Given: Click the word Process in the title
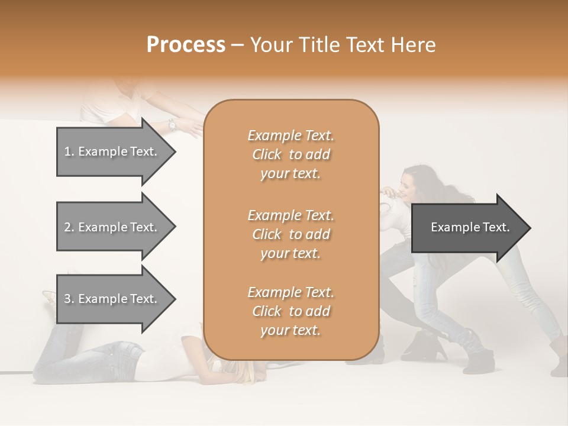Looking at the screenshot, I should point(186,45).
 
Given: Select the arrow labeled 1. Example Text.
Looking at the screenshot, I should point(112,151).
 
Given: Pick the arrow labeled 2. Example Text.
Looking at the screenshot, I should point(112,227).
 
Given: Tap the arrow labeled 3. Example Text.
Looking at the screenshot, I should point(112,299).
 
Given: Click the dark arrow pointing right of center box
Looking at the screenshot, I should point(467,228).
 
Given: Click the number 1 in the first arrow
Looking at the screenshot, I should point(67,151).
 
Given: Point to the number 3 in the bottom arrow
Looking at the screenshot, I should point(67,299).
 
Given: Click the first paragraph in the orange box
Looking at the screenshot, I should point(291,154).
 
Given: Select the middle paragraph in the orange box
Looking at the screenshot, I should point(291,234).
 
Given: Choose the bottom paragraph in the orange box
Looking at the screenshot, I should point(291,311).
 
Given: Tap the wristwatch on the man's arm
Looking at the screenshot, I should point(172,124).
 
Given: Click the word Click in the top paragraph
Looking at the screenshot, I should point(267,154).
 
